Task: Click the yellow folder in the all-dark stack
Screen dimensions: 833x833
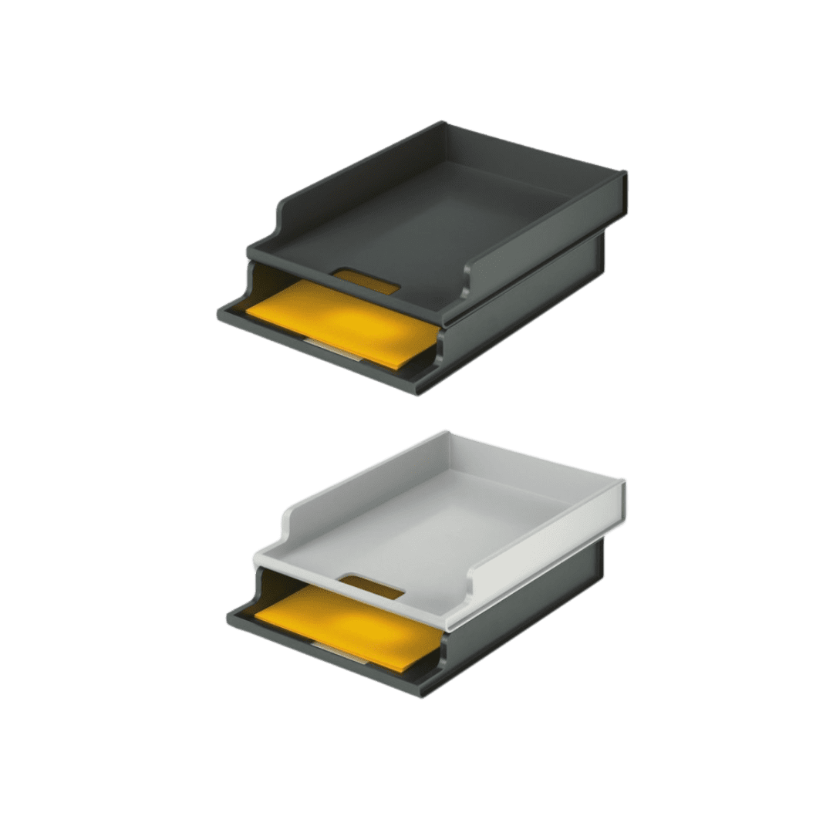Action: coord(339,316)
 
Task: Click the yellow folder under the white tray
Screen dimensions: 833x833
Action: coord(347,621)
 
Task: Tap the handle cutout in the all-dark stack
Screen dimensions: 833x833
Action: coord(368,280)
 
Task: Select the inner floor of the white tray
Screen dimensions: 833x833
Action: coord(447,524)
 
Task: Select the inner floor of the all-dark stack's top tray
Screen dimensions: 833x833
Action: coord(440,216)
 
